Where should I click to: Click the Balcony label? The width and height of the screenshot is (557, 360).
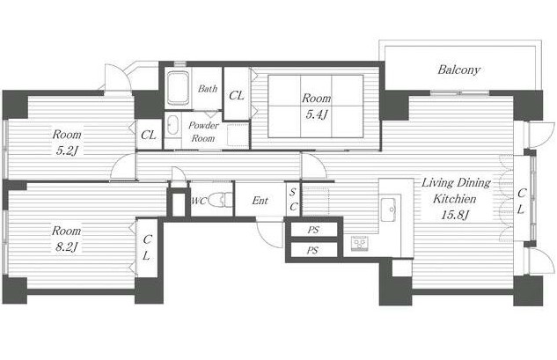pyautogui.click(x=458, y=70)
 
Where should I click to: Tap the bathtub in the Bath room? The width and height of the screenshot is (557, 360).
pyautogui.click(x=178, y=88)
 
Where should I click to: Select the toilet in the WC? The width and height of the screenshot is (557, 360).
pyautogui.click(x=219, y=200)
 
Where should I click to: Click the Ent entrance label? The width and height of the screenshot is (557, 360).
pyautogui.click(x=260, y=201)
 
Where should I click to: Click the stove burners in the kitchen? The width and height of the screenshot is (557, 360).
pyautogui.click(x=360, y=244)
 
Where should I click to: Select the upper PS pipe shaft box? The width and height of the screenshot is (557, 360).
pyautogui.click(x=313, y=229)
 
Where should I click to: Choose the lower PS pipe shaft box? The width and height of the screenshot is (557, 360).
pyautogui.click(x=313, y=250)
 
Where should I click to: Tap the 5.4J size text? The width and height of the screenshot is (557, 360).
pyautogui.click(x=316, y=114)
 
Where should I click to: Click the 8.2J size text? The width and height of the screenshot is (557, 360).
pyautogui.click(x=66, y=246)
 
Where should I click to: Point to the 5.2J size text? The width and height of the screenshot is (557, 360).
pyautogui.click(x=66, y=151)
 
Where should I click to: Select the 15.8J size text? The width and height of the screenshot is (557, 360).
pyautogui.click(x=455, y=215)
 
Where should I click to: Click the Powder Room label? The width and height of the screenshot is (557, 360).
pyautogui.click(x=203, y=131)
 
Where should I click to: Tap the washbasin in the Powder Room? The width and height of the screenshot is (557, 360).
pyautogui.click(x=173, y=125)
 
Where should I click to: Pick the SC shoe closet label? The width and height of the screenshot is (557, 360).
pyautogui.click(x=293, y=200)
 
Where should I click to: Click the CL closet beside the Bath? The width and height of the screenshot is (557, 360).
pyautogui.click(x=237, y=95)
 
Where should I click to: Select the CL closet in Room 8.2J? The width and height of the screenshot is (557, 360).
pyautogui.click(x=147, y=247)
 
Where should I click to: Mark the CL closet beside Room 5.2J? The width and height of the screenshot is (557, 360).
pyautogui.click(x=149, y=135)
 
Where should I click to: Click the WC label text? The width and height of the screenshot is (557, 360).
pyautogui.click(x=199, y=202)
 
